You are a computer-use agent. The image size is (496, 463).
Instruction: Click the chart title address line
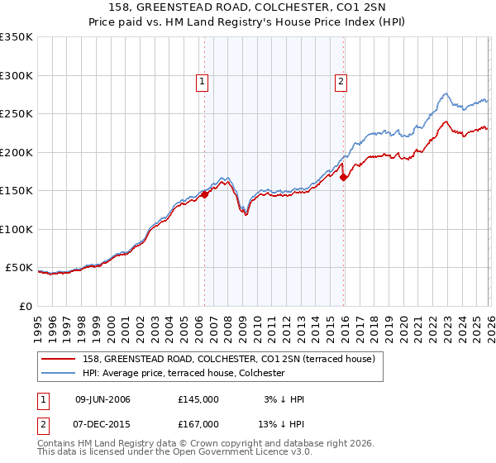[248, 7]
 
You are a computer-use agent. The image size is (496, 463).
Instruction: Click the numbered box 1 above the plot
[203, 81]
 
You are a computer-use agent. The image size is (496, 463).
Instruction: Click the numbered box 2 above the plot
[341, 81]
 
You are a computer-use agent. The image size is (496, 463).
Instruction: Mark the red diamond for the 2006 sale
[204, 195]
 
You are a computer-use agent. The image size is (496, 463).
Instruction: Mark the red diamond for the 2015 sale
[343, 177]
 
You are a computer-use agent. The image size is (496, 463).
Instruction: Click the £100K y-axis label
[17, 229]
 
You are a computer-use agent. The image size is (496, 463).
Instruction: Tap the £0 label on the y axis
[25, 306]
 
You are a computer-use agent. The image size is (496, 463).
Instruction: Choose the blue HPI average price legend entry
[183, 373]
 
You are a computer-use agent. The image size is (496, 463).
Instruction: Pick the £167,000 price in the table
[198, 423]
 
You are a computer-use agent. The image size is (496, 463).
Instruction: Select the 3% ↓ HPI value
[284, 399]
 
